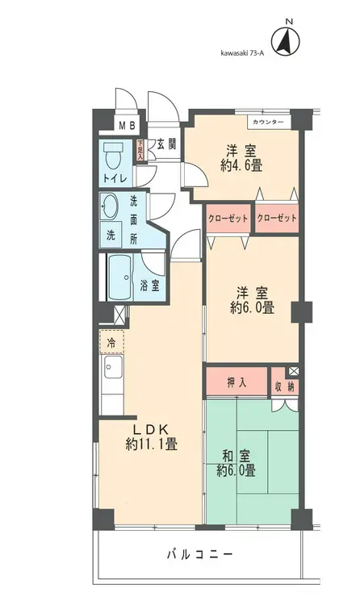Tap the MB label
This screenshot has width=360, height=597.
pyautogui.click(x=128, y=125)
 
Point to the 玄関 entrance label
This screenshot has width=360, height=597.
pyautogui.click(x=166, y=144)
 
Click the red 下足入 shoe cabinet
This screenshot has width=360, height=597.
pyautogui.click(x=140, y=151)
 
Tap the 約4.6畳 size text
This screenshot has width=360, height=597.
pyautogui.click(x=241, y=166)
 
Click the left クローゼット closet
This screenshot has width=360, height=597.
pyautogui.click(x=228, y=219)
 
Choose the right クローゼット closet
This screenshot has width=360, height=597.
pyautogui.click(x=277, y=219)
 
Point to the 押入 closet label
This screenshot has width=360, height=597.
pyautogui.click(x=235, y=382)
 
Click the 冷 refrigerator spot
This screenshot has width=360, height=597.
pyautogui.click(x=112, y=343)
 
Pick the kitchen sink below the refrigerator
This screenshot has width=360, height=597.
pyautogui.click(x=112, y=372)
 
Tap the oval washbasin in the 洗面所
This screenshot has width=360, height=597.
pyautogui.click(x=109, y=207)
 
